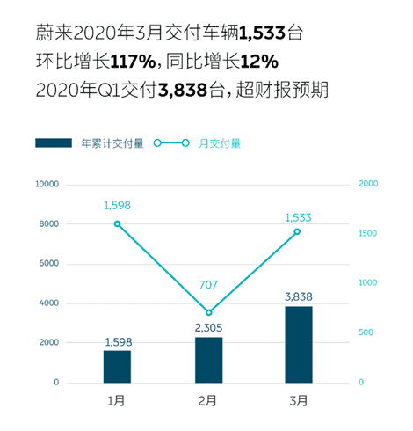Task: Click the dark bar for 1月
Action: coord(117,366)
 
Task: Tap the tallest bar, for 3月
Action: coord(299,344)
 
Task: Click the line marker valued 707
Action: coord(208,312)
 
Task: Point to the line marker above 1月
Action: coord(117,223)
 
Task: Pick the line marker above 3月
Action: coord(298,231)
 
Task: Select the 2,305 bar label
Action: coord(208,328)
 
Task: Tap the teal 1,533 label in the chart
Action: coord(298,216)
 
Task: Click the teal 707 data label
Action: coord(208,285)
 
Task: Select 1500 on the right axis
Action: coord(370,233)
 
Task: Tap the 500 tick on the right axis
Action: coord(367,332)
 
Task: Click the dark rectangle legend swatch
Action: coord(54,142)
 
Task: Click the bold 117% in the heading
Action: coord(131,62)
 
